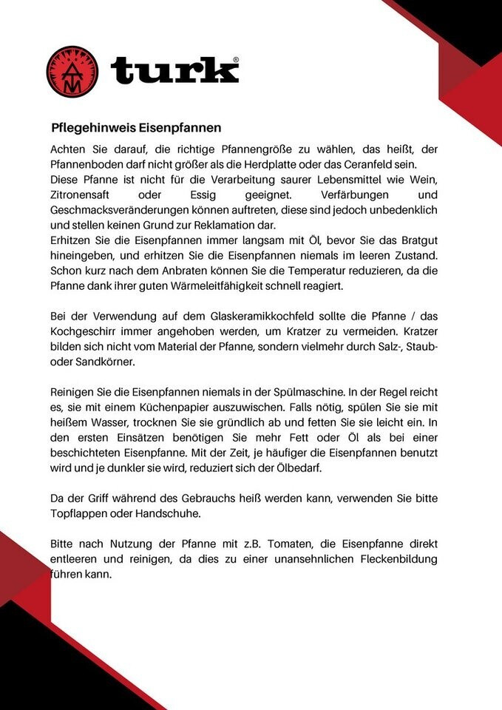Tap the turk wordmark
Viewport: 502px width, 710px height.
point(174,71)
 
